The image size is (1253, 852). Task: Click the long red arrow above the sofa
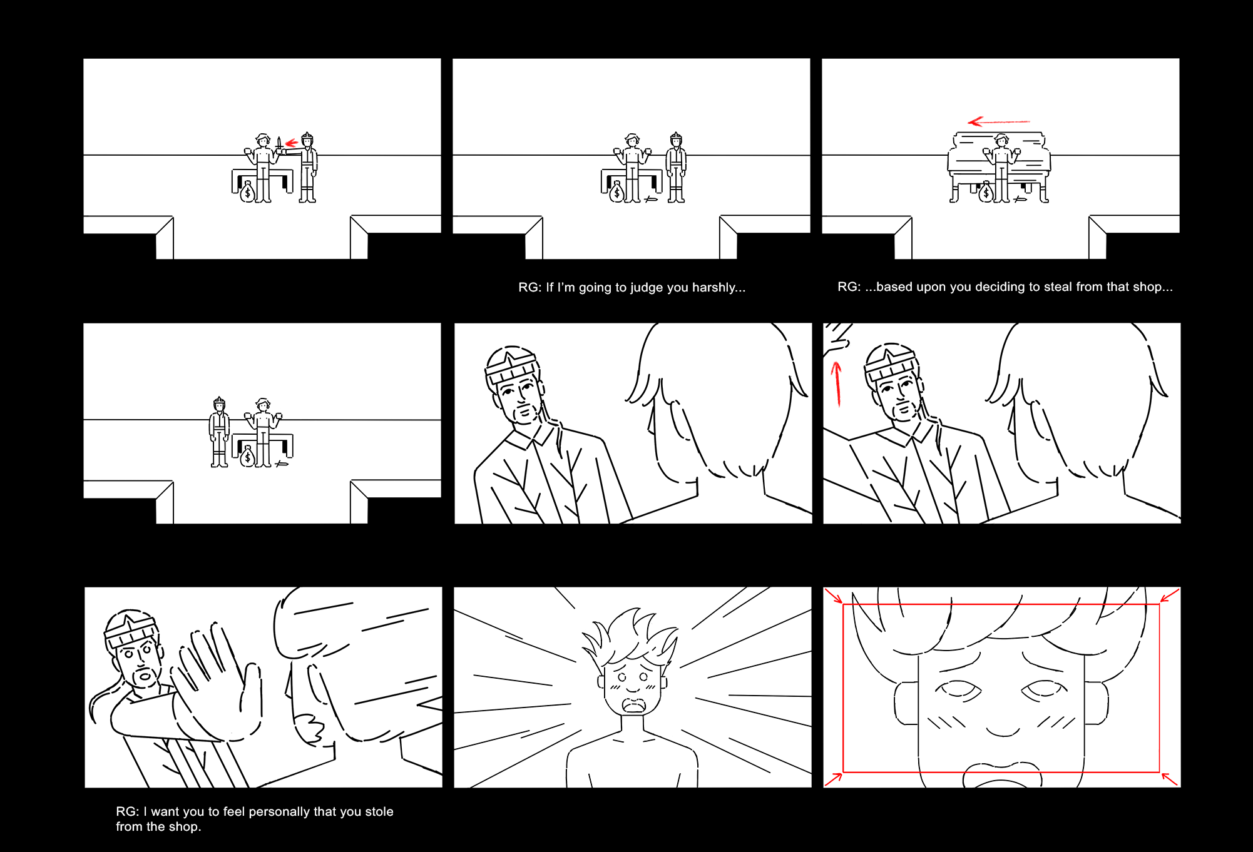pyautogui.click(x=999, y=121)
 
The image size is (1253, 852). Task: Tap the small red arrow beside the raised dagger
pyautogui.click(x=291, y=143)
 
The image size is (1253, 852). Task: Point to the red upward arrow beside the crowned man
pyautogui.click(x=836, y=383)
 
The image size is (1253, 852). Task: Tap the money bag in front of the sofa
pyautogui.click(x=986, y=192)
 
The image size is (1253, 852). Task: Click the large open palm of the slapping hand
pyautogui.click(x=216, y=682)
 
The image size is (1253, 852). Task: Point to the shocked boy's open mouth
pyautogui.click(x=633, y=706)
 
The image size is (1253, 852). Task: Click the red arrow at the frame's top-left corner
pyautogui.click(x=834, y=596)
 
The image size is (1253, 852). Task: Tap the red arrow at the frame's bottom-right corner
pyautogui.click(x=1170, y=779)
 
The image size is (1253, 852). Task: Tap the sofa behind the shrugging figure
pyautogui.click(x=999, y=166)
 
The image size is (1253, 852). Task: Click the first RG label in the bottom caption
pyautogui.click(x=127, y=812)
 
